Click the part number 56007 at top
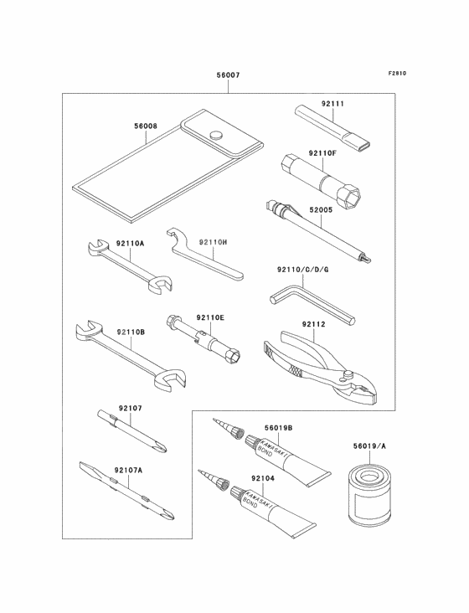pos(228,75)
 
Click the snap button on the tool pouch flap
pos(215,133)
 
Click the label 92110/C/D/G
pos(303,270)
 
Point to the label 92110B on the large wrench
pos(131,332)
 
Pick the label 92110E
pos(210,317)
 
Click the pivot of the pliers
pos(345,367)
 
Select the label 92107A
pos(130,470)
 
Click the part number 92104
pos(263,477)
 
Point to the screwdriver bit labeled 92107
pos(134,427)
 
